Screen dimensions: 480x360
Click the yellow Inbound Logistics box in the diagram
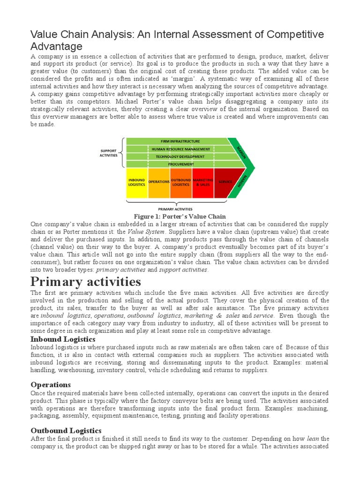[136, 182]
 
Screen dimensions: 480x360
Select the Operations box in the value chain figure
[158, 182]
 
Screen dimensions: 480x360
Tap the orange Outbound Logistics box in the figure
[180, 182]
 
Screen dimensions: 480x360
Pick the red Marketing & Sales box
[202, 182]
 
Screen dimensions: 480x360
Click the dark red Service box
[225, 182]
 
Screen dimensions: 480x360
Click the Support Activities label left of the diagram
[108, 152]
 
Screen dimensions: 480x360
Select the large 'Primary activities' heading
[85, 282]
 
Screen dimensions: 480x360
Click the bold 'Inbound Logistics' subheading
[63, 339]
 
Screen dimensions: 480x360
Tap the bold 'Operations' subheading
[51, 385]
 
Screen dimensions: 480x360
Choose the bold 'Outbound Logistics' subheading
[66, 430]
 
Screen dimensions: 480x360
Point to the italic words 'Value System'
[146, 232]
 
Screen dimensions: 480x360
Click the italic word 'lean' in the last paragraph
[313, 439]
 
